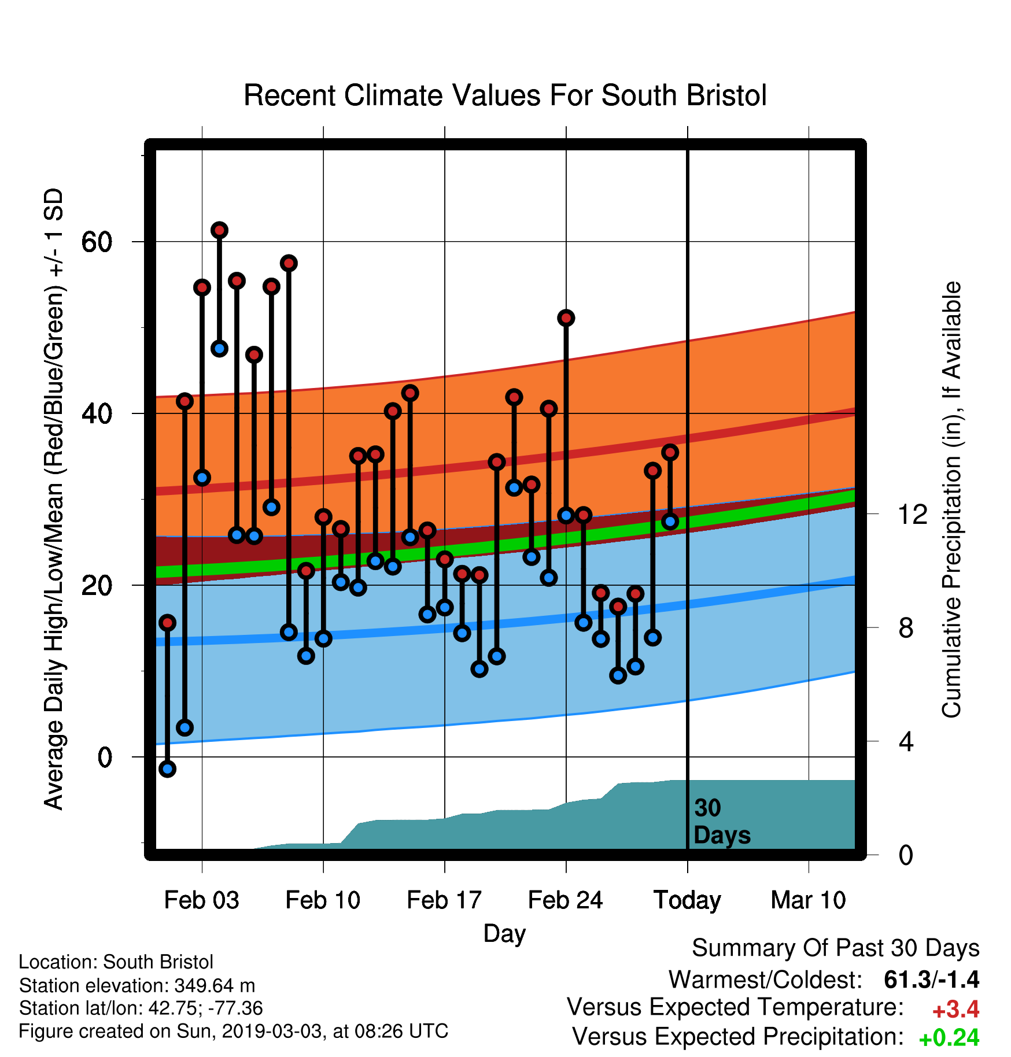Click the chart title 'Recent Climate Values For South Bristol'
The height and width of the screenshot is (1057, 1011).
505,95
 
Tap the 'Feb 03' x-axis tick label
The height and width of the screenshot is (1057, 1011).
201,900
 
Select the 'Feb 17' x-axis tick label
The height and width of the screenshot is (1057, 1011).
444,900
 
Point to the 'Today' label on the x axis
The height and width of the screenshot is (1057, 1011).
687,901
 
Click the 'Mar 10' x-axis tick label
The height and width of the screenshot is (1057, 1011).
809,900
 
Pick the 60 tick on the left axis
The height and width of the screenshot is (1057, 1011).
97,242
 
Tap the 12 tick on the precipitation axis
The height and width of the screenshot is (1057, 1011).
913,514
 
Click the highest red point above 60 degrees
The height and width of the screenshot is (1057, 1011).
219,230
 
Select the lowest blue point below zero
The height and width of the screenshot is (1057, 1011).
167,768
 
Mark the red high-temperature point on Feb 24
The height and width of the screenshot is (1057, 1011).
566,317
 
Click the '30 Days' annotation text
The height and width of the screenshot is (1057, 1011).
722,822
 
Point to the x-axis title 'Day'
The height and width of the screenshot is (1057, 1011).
504,934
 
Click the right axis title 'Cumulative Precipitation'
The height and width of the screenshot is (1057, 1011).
951,500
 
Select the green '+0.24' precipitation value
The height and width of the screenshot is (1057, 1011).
949,1038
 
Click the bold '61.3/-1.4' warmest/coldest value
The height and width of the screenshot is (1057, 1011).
932,980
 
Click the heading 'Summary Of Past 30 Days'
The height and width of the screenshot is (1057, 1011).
836,948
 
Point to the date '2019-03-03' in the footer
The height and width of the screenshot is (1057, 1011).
271,1031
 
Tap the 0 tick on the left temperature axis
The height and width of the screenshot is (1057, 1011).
105,757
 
